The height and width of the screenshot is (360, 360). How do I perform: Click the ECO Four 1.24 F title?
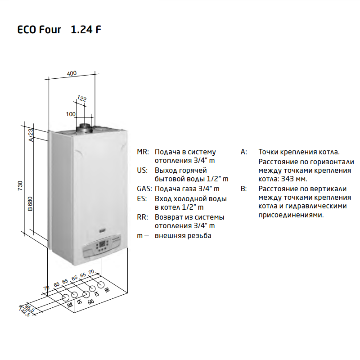click(59, 30)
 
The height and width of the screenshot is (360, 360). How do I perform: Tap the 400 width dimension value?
click(72, 73)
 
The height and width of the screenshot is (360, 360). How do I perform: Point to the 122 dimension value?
click(82, 99)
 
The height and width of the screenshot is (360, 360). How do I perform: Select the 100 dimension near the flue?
click(71, 114)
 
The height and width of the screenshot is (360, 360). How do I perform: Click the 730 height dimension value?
click(20, 185)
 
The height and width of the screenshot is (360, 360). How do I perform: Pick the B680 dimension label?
click(30, 204)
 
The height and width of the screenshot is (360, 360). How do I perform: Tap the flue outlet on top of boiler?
click(84, 128)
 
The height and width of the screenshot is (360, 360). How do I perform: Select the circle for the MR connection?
click(66, 298)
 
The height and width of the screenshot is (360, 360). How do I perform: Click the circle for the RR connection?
click(101, 285)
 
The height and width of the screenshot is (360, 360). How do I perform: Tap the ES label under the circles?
click(97, 294)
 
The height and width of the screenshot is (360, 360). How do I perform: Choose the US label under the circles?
click(80, 301)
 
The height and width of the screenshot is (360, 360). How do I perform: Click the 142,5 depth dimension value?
click(24, 312)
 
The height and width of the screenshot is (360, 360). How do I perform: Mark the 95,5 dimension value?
click(30, 308)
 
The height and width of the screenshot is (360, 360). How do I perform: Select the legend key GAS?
click(144, 189)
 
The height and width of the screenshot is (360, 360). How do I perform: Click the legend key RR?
click(143, 217)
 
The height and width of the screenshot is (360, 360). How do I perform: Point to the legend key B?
click(243, 189)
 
